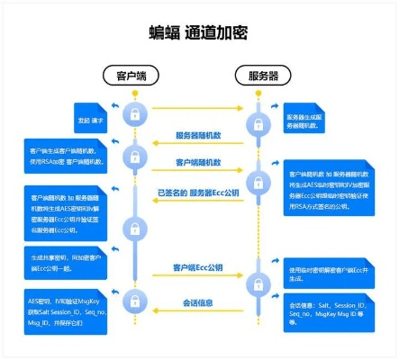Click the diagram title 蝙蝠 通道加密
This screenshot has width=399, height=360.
[198, 33]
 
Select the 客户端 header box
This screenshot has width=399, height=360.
[133, 74]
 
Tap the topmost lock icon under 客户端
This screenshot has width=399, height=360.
[133, 115]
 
